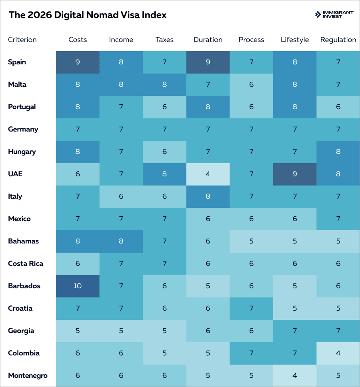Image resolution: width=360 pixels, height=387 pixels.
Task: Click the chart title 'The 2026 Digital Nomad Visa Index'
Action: coord(88,15)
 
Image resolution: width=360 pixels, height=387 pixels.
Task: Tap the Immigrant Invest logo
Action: coord(334,15)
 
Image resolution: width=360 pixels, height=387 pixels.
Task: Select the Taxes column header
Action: coord(164,40)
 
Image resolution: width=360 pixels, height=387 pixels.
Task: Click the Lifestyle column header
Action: coord(295,40)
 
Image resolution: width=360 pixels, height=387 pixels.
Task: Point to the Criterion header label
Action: coord(22,40)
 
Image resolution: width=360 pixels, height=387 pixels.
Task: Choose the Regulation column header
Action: coord(338,40)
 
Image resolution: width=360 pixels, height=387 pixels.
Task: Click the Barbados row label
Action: coord(24,286)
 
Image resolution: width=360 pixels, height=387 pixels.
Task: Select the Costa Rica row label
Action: coord(26,263)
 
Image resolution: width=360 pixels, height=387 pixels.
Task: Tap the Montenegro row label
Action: coord(28,375)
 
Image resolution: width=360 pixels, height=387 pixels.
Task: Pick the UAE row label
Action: coord(15,174)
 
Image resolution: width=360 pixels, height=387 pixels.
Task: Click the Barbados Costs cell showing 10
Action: coord(78,286)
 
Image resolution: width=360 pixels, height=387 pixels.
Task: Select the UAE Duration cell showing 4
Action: coord(208,174)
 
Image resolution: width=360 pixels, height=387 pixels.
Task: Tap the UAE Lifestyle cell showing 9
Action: coord(295,174)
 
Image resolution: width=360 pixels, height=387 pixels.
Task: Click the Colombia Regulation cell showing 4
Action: coord(338,353)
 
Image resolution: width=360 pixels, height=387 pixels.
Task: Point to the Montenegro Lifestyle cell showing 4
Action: coord(295,375)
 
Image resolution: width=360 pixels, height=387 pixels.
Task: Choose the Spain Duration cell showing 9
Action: coord(208,62)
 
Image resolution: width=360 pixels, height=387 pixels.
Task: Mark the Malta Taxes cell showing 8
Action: coord(164,84)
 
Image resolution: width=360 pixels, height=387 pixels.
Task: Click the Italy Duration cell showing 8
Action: coord(208,196)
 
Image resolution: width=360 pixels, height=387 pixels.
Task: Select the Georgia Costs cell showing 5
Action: coord(78,331)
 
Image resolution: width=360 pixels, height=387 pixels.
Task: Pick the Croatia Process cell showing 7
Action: coord(251,308)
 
